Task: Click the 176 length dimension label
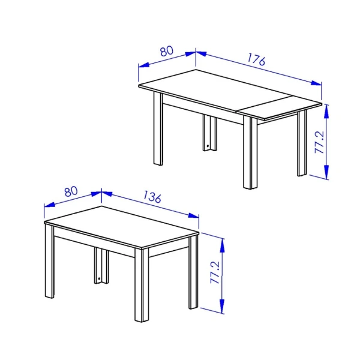tap(255, 59)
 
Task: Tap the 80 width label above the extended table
tap(166, 50)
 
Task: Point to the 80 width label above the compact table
tap(71, 192)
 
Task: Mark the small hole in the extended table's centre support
tap(208, 145)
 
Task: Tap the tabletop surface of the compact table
tap(120, 228)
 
